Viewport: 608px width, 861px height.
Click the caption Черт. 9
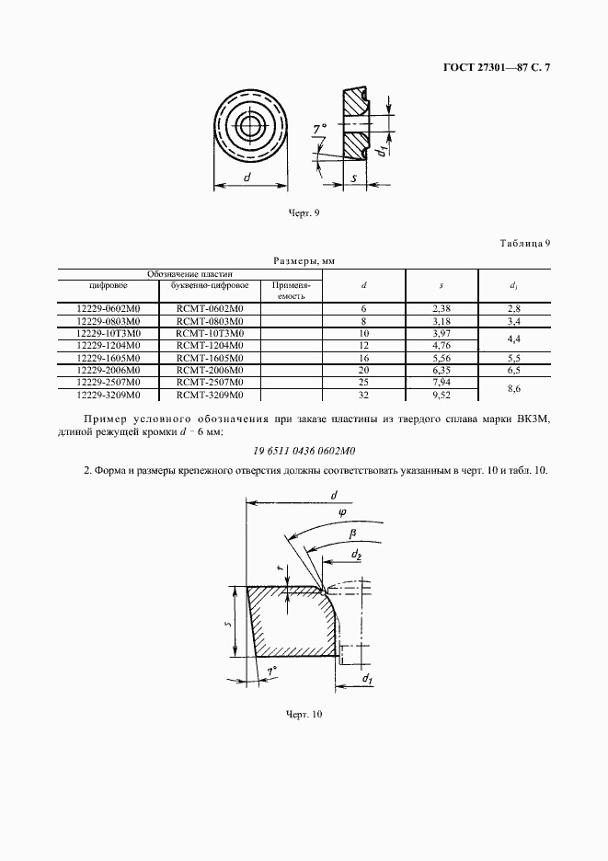point(304,213)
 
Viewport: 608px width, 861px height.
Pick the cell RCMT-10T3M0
point(209,333)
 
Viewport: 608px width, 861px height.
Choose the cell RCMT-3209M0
point(209,394)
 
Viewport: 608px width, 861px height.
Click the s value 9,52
point(440,394)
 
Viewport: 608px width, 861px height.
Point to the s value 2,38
point(440,309)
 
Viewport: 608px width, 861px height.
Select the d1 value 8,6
point(514,388)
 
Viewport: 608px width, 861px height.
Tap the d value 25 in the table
point(364,382)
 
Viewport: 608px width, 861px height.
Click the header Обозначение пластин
point(191,274)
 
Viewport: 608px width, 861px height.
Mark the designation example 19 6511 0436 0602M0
point(304,452)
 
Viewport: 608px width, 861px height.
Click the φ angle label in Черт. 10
point(341,513)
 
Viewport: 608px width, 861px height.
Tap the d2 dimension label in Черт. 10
point(356,554)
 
